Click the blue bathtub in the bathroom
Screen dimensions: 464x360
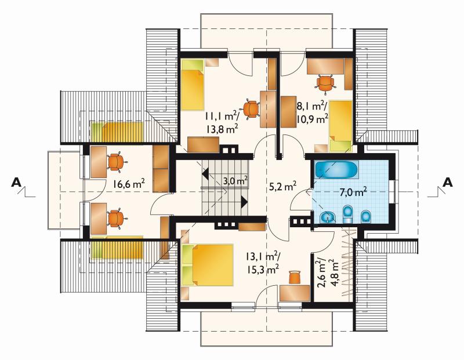[x=336, y=170]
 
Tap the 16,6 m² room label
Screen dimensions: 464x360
[x=128, y=184]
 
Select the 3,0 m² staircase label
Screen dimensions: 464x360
[x=235, y=180]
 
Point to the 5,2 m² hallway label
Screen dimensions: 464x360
[x=282, y=186]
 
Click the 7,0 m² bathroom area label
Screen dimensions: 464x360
[x=353, y=192]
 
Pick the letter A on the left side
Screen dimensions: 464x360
[x=16, y=183]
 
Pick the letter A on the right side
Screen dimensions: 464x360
[x=447, y=183]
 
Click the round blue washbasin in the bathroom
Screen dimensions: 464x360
[x=328, y=217]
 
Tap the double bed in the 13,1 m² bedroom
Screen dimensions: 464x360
[x=208, y=265]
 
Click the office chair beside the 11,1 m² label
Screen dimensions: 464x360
[x=251, y=109]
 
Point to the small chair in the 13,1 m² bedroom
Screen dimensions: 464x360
[x=295, y=277]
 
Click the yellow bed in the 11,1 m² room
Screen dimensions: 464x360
[x=193, y=85]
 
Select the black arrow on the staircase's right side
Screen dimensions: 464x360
[x=244, y=202]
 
